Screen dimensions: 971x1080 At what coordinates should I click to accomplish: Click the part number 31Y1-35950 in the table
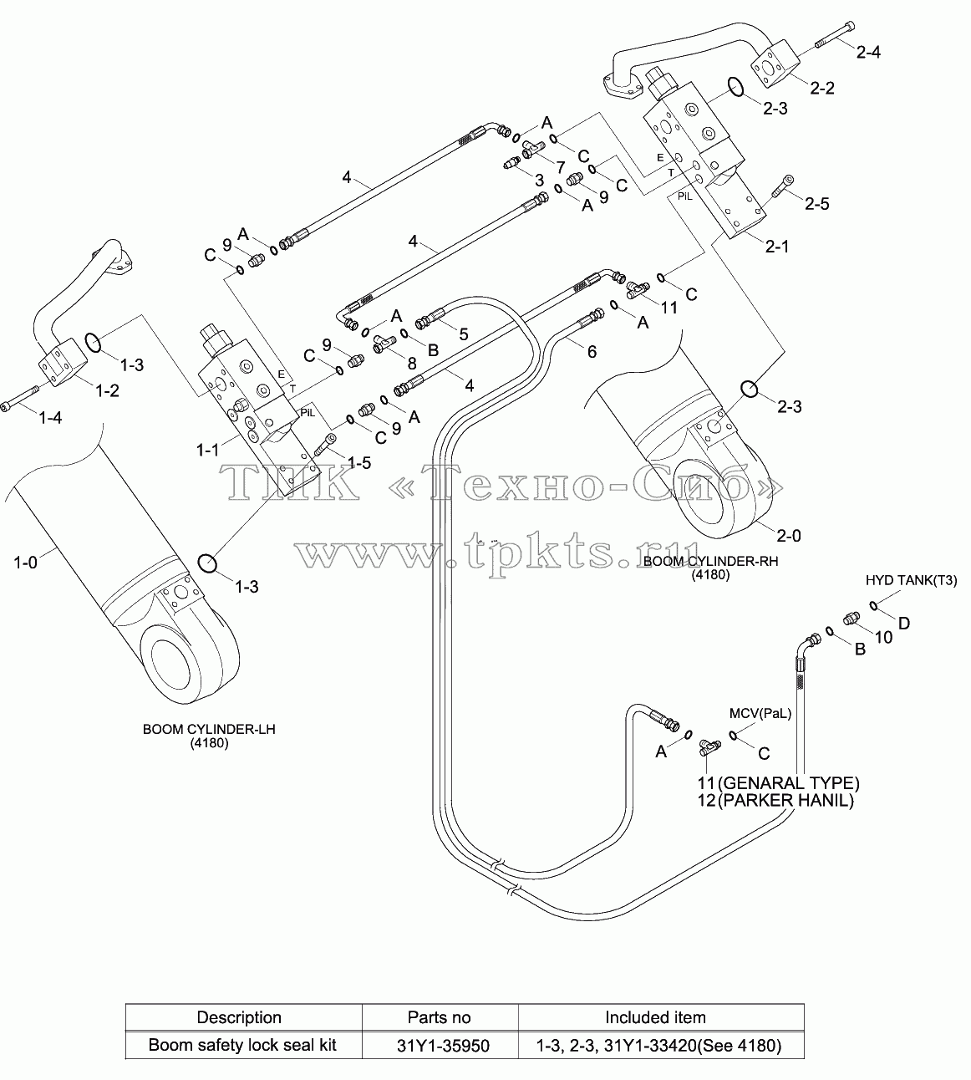[x=443, y=1046]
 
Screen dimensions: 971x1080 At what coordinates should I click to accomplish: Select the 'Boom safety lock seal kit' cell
[x=242, y=1046]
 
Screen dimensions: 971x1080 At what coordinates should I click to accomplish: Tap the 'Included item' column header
[x=655, y=1017]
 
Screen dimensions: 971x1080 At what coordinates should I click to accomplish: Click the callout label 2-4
[x=868, y=52]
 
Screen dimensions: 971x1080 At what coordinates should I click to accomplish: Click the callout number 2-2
[x=822, y=88]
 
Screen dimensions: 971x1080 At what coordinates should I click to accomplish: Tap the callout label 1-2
[x=107, y=390]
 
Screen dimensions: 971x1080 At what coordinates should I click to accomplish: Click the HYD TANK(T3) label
[x=912, y=580]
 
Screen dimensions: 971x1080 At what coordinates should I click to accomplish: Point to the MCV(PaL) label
[x=760, y=714]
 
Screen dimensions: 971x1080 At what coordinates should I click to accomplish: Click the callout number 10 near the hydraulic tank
[x=883, y=638]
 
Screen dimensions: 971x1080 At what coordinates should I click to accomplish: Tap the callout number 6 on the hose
[x=592, y=352]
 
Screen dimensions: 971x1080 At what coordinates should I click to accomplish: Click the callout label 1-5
[x=359, y=462]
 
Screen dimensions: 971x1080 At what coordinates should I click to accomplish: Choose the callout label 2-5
[x=817, y=203]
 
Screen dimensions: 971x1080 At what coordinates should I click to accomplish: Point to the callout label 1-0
[x=25, y=563]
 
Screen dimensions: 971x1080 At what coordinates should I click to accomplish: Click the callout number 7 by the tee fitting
[x=561, y=167]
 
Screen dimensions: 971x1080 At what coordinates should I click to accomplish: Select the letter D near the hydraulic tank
[x=904, y=624]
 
